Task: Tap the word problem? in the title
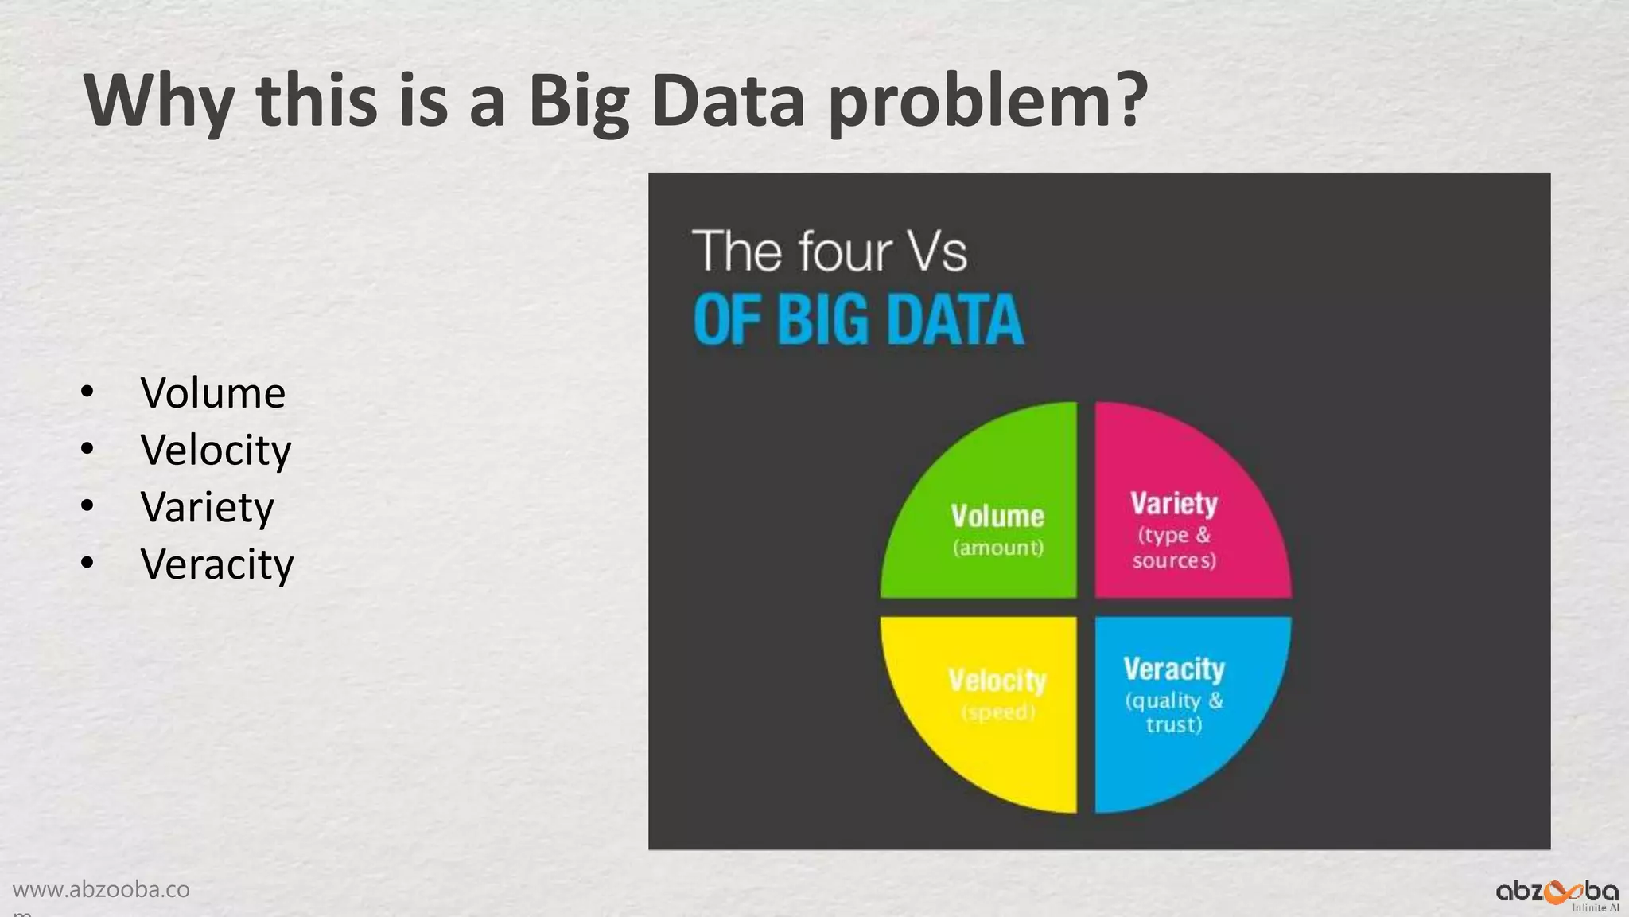(988, 102)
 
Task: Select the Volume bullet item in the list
(212, 393)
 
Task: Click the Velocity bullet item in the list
(216, 451)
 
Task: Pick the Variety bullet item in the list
(207, 508)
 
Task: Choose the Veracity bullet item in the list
(216, 565)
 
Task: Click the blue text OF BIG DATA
(858, 320)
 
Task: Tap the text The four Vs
(830, 252)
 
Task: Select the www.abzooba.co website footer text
(101, 890)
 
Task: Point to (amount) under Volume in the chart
(998, 548)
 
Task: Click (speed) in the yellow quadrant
(998, 712)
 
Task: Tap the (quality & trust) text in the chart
(1174, 712)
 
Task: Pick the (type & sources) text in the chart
(1174, 548)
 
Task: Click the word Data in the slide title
(728, 102)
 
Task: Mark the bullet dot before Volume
(87, 392)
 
